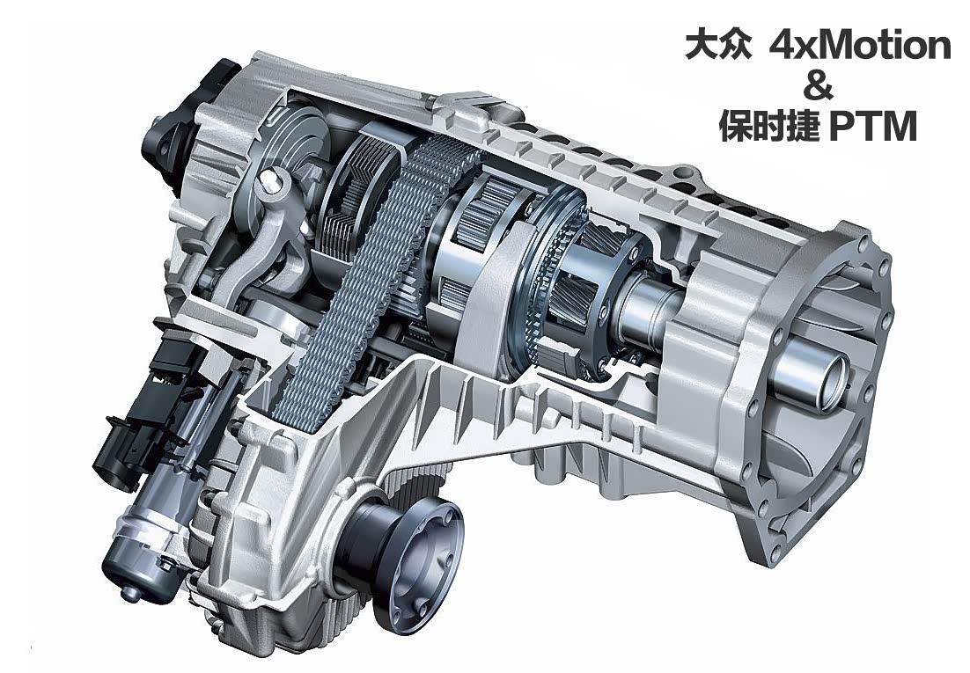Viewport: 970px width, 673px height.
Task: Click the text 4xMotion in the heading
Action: click(x=860, y=46)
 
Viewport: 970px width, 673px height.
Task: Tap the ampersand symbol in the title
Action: click(x=818, y=87)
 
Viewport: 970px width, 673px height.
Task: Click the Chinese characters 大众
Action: click(x=718, y=46)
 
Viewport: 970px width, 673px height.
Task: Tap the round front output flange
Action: click(x=403, y=533)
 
